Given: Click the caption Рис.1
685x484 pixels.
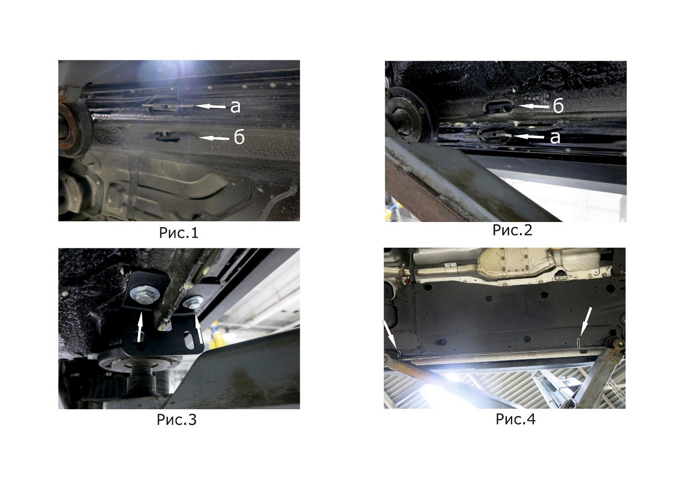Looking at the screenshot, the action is click(x=179, y=233).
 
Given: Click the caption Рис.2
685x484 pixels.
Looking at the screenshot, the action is click(x=512, y=230).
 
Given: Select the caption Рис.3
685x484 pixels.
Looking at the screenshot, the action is click(x=176, y=420).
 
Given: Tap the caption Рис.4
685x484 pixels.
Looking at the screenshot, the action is click(x=515, y=419).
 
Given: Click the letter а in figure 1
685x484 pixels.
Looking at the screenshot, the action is click(x=235, y=107).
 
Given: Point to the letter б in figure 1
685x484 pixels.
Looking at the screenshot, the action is click(x=239, y=138).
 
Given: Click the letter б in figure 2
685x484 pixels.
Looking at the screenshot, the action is click(x=558, y=106).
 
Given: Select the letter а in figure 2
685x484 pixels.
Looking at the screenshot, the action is click(x=555, y=138).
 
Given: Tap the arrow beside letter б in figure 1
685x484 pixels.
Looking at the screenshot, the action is click(x=214, y=138).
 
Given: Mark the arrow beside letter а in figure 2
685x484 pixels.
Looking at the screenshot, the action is click(x=529, y=136).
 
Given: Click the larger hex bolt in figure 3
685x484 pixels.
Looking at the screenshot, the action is click(x=144, y=295).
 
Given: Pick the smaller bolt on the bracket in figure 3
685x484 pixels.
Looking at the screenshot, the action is click(x=193, y=302).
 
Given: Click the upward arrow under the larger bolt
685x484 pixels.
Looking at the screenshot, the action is click(x=140, y=326).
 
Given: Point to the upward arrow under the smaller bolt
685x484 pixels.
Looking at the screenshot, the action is click(x=199, y=328).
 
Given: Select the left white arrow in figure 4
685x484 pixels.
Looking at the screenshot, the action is click(x=390, y=335).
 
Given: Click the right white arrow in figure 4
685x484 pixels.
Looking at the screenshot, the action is click(x=586, y=322).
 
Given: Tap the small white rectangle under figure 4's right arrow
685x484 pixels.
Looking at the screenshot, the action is click(x=579, y=343).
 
